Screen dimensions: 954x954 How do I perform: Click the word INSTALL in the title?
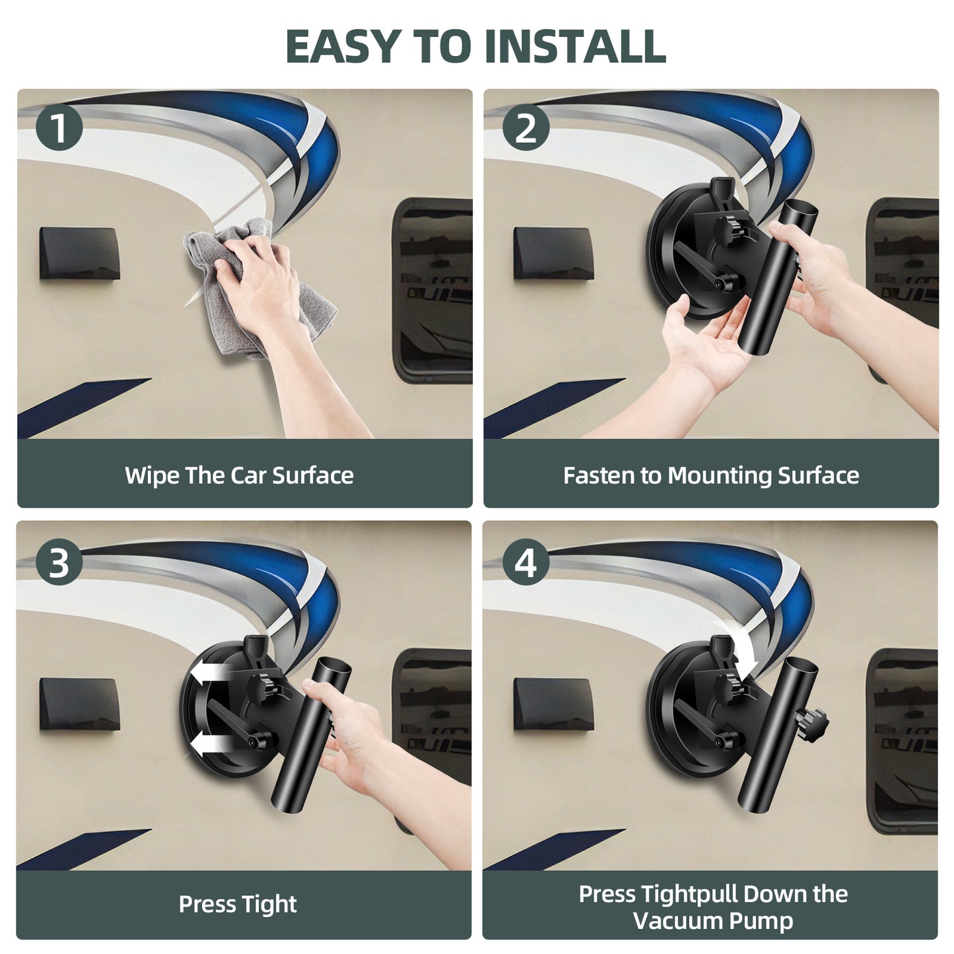[x=575, y=46]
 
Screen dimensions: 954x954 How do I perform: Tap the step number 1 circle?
[x=59, y=127]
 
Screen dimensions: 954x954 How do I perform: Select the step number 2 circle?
[x=526, y=127]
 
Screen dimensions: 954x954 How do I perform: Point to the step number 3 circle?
[x=59, y=562]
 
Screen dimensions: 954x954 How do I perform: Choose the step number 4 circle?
[x=526, y=562]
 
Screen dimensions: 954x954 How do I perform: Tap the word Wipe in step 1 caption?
[x=153, y=476]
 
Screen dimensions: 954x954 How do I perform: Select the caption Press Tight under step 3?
[x=238, y=904]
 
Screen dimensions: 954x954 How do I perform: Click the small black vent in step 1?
[x=80, y=254]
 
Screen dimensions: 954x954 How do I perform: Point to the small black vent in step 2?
[x=553, y=254]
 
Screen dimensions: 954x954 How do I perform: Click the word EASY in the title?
[x=343, y=46]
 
